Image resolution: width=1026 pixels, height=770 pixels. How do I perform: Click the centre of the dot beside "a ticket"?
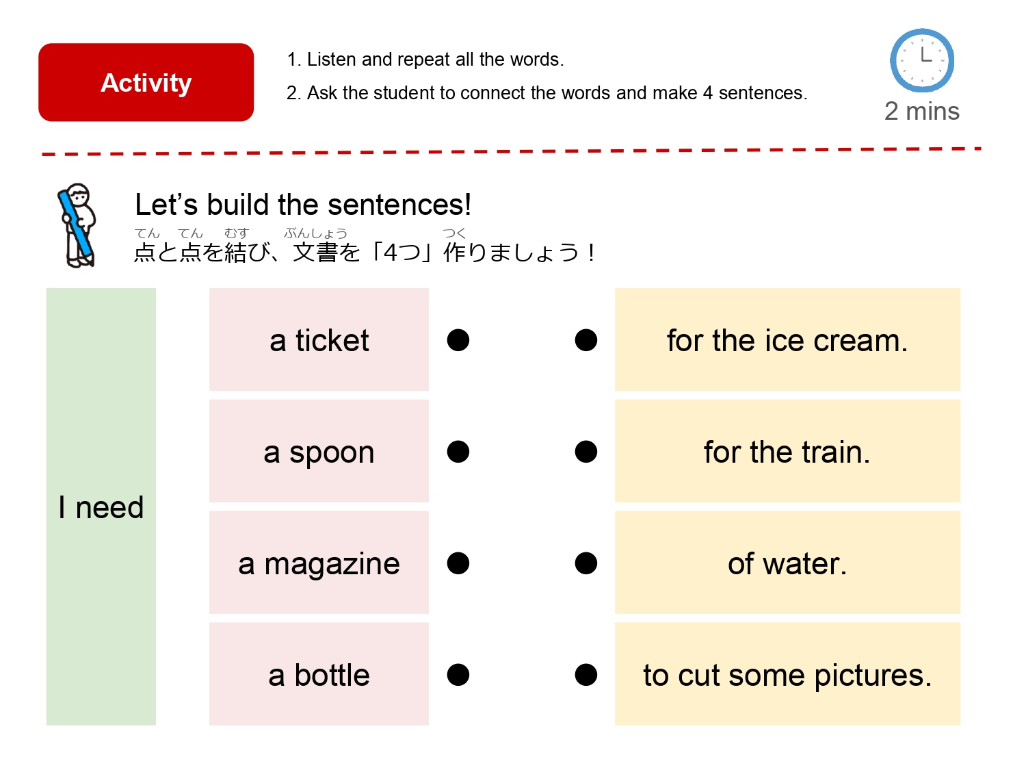click(458, 340)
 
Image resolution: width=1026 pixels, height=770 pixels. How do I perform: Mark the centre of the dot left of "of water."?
click(586, 563)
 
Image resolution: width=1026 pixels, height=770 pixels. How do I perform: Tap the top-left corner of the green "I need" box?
click(47, 288)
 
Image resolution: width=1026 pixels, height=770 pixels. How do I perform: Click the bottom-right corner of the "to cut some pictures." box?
click(960, 725)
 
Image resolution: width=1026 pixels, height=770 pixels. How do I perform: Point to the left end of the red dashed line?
click(42, 154)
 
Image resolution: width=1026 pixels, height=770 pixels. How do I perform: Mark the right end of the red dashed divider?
click(982, 149)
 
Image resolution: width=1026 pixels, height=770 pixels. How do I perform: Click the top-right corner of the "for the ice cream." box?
click(960, 288)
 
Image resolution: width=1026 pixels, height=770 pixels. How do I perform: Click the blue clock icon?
click(922, 60)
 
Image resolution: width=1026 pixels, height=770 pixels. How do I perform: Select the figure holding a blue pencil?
click(77, 225)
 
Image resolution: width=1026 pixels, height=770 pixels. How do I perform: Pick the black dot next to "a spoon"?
click(458, 452)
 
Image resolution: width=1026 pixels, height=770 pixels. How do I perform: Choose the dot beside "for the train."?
click(586, 452)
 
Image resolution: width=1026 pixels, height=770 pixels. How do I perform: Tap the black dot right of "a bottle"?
click(458, 675)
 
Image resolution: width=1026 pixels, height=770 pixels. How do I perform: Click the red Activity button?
click(146, 82)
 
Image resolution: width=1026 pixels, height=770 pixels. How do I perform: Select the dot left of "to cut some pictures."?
click(586, 675)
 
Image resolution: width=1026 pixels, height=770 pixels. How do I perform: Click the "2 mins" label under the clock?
click(922, 112)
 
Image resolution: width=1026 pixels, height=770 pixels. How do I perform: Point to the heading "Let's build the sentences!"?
click(303, 205)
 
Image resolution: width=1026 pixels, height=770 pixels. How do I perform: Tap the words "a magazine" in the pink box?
click(319, 564)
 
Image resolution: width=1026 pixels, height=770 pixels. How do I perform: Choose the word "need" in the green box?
click(109, 507)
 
